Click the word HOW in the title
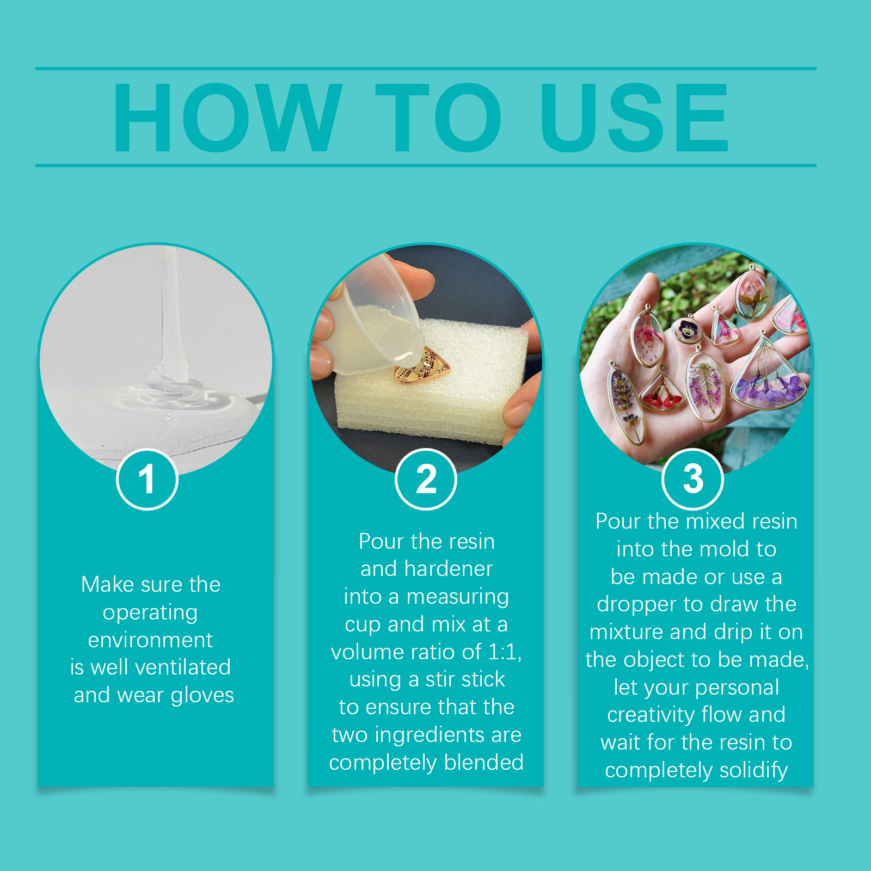pos(228,117)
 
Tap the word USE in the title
pos(634,117)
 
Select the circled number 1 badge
pos(147,479)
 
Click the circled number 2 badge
pos(426,479)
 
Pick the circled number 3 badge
pos(692,479)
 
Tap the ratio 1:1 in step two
pos(505,652)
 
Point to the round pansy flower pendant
pos(686,329)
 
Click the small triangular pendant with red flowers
pos(663,391)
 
